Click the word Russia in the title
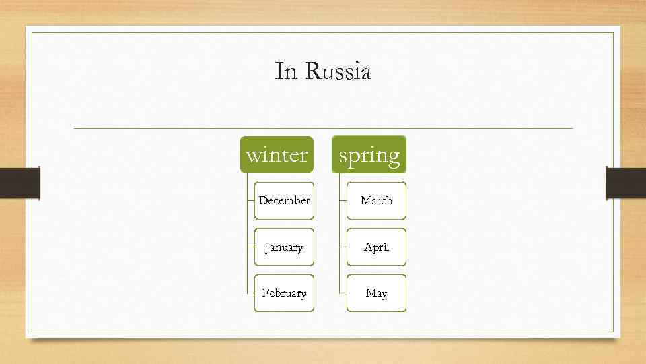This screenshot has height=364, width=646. click(x=338, y=71)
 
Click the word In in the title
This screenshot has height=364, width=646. click(x=285, y=71)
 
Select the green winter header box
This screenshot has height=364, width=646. click(x=277, y=154)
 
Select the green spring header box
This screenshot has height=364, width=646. click(x=369, y=154)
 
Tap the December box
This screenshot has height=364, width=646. click(x=284, y=200)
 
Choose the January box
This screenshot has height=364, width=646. click(x=284, y=247)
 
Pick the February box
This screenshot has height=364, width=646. click(x=284, y=293)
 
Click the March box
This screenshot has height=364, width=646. click(x=376, y=200)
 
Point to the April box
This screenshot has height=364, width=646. click(x=376, y=247)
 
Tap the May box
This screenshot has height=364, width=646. click(x=376, y=293)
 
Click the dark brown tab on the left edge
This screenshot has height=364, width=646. click(x=20, y=183)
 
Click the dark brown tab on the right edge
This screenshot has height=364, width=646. click(x=626, y=183)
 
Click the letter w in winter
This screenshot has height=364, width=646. click(x=253, y=156)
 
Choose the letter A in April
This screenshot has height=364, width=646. click(x=367, y=247)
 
